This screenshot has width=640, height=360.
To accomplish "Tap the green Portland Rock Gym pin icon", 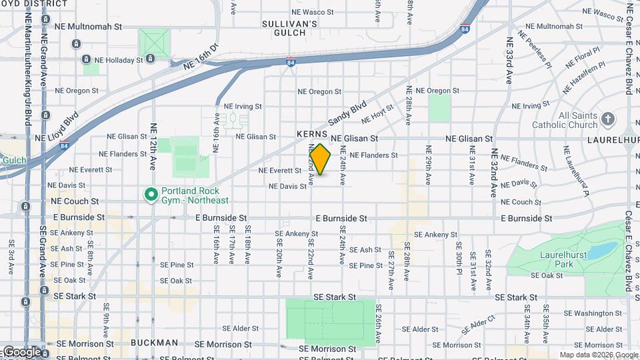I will [x=151, y=195].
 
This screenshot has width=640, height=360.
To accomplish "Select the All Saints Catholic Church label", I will [x=578, y=120].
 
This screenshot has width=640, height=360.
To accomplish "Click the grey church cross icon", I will [x=607, y=119].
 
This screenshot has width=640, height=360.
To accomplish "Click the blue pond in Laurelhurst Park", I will [x=604, y=251].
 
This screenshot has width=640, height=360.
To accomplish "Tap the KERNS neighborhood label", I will [x=312, y=134].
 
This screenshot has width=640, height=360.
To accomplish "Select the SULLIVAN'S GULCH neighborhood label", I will [x=289, y=27].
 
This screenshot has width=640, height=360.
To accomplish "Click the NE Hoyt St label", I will [x=377, y=117].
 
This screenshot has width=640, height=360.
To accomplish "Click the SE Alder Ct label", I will [x=482, y=325].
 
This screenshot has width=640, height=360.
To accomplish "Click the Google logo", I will [x=21, y=352].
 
